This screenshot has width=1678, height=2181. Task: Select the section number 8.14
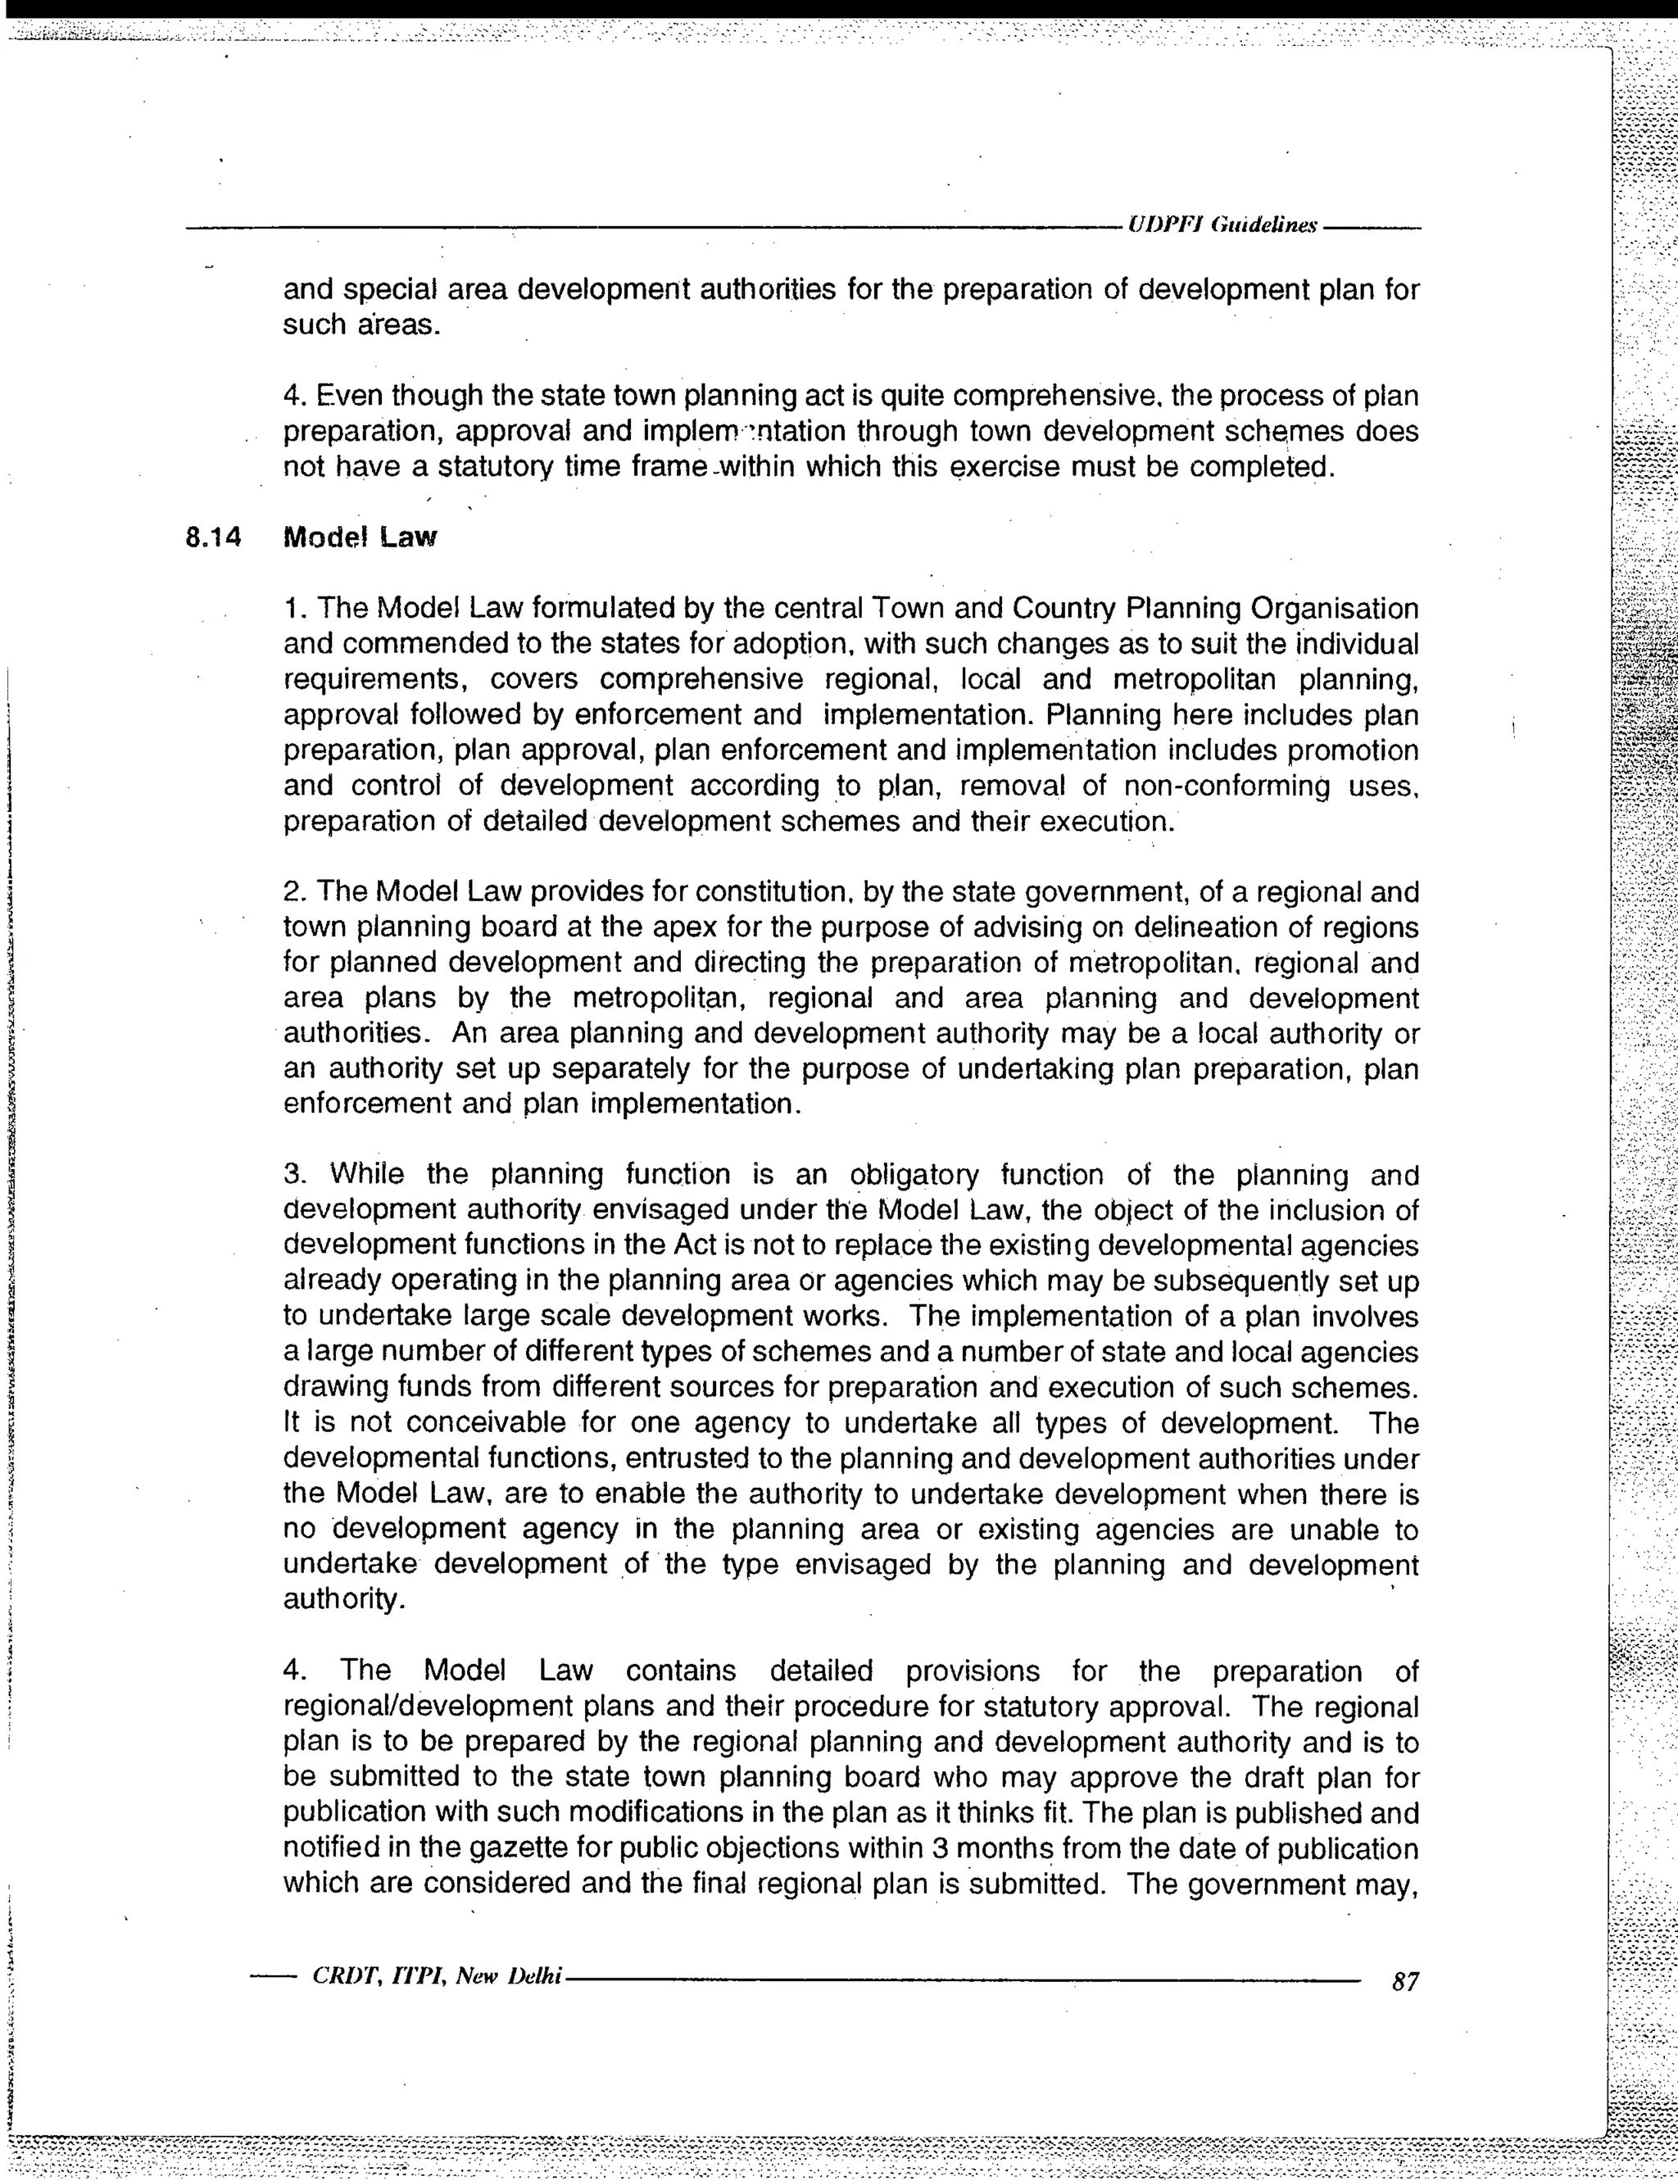pos(214,538)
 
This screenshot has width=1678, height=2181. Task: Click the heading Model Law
pos(361,538)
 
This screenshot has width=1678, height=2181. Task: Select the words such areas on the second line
pos(361,324)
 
